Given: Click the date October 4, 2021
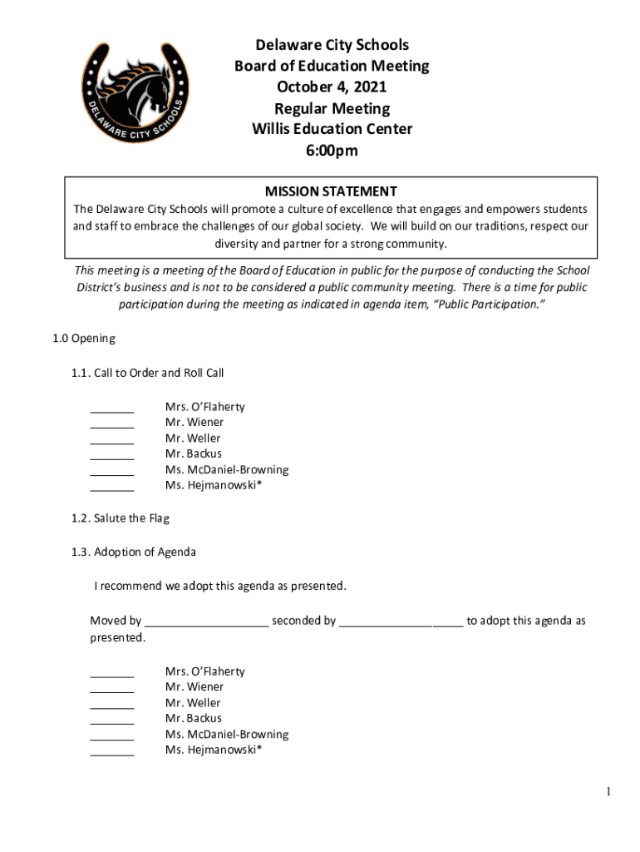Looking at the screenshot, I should coord(332,87).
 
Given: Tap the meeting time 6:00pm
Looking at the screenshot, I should coord(332,151).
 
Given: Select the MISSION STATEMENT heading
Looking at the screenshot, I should coord(331,191).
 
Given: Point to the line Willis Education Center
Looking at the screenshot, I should coord(332,129).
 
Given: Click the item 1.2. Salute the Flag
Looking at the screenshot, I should coord(121,518).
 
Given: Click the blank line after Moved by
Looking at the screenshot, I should coord(206,622).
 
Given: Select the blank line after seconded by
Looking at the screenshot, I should coord(401,622).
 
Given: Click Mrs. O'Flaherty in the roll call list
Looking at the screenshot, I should coord(204,407).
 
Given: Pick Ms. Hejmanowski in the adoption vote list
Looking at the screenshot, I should coord(213,750).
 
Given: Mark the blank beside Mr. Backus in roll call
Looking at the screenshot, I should coord(111,454).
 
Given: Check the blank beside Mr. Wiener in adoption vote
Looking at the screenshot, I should coord(111,687).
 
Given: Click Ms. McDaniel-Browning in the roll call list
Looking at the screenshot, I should coord(227,470).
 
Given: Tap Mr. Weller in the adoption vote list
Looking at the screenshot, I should coord(193,703).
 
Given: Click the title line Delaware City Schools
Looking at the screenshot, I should coord(332,45).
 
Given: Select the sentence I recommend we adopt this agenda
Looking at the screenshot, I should coord(219,586).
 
